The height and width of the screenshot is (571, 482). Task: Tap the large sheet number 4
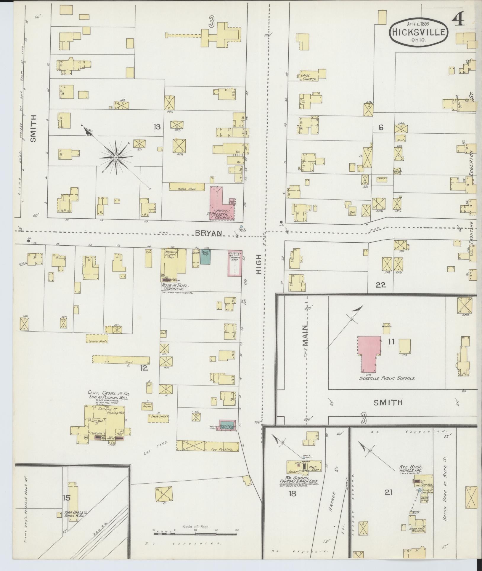pos(458,20)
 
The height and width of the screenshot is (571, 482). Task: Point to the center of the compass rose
pos(116,157)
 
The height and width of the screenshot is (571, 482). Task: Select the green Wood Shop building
pos(205,257)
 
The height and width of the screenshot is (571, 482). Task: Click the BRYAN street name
pos(208,233)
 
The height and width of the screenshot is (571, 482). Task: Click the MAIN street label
pos(305,335)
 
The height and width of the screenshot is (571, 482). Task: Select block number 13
pos(157,127)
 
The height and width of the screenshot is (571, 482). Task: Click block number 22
pos(381,285)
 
